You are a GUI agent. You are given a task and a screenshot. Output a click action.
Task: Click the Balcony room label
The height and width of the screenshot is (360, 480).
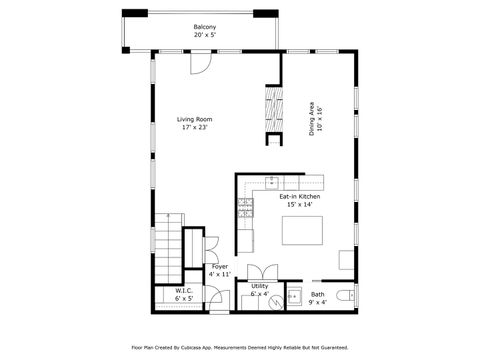204,27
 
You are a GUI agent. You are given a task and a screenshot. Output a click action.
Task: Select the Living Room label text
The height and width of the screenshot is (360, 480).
195,120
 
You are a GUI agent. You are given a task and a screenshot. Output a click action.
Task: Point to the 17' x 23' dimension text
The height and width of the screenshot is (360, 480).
195,128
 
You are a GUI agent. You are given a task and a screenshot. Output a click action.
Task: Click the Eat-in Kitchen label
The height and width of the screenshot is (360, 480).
299,197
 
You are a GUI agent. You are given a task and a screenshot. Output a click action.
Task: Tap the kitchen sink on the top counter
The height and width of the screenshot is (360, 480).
271,182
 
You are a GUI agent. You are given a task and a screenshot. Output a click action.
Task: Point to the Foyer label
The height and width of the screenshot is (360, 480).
220,267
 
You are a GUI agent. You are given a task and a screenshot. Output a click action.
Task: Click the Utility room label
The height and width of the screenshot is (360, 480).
260,287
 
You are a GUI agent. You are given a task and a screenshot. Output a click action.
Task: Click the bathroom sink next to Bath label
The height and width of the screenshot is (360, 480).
295,297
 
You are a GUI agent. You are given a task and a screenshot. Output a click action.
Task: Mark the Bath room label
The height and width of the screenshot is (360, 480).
318,294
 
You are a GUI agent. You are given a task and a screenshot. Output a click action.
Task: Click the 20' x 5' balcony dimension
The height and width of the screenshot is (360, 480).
204,35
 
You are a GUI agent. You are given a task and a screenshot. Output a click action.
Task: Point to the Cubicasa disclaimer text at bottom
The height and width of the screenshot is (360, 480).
239,348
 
